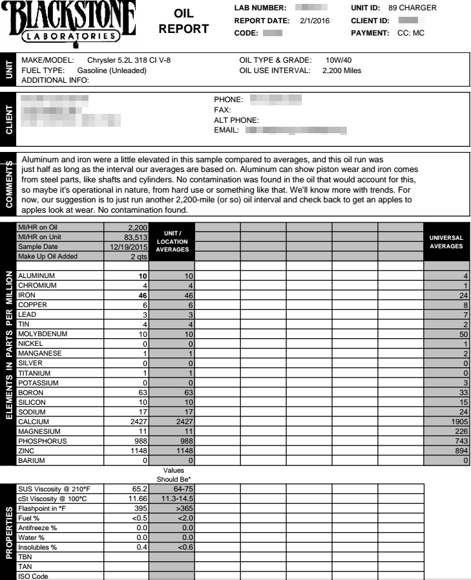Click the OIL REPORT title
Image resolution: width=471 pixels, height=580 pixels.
pos(183,22)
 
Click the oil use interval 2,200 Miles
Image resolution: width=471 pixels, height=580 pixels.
pos(342,70)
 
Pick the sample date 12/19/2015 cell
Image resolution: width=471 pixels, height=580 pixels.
pos(129,247)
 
